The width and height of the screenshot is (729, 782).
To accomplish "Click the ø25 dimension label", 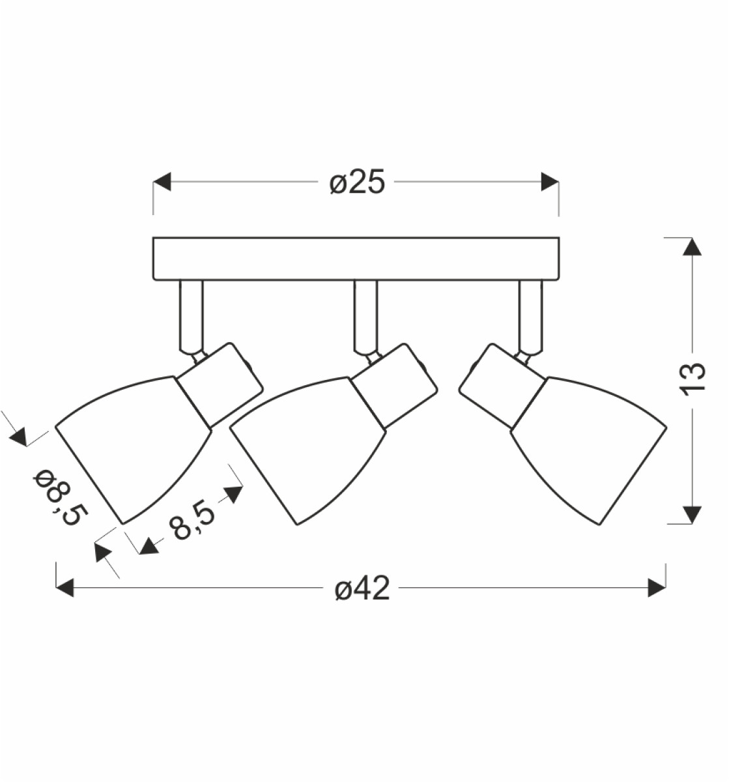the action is pyautogui.click(x=356, y=182).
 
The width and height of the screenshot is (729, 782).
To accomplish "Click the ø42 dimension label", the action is pyautogui.click(x=362, y=588).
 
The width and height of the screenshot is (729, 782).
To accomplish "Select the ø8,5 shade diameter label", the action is pyautogui.click(x=60, y=498).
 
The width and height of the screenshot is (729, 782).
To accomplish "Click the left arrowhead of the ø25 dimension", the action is pyautogui.click(x=162, y=182).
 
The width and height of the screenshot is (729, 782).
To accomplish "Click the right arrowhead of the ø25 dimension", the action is pyautogui.click(x=550, y=182).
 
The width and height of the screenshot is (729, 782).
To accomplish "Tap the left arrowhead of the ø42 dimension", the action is pyautogui.click(x=64, y=588).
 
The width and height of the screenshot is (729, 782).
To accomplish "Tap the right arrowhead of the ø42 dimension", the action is pyautogui.click(x=657, y=588).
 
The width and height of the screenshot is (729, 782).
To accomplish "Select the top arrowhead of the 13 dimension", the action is pyautogui.click(x=692, y=246).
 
